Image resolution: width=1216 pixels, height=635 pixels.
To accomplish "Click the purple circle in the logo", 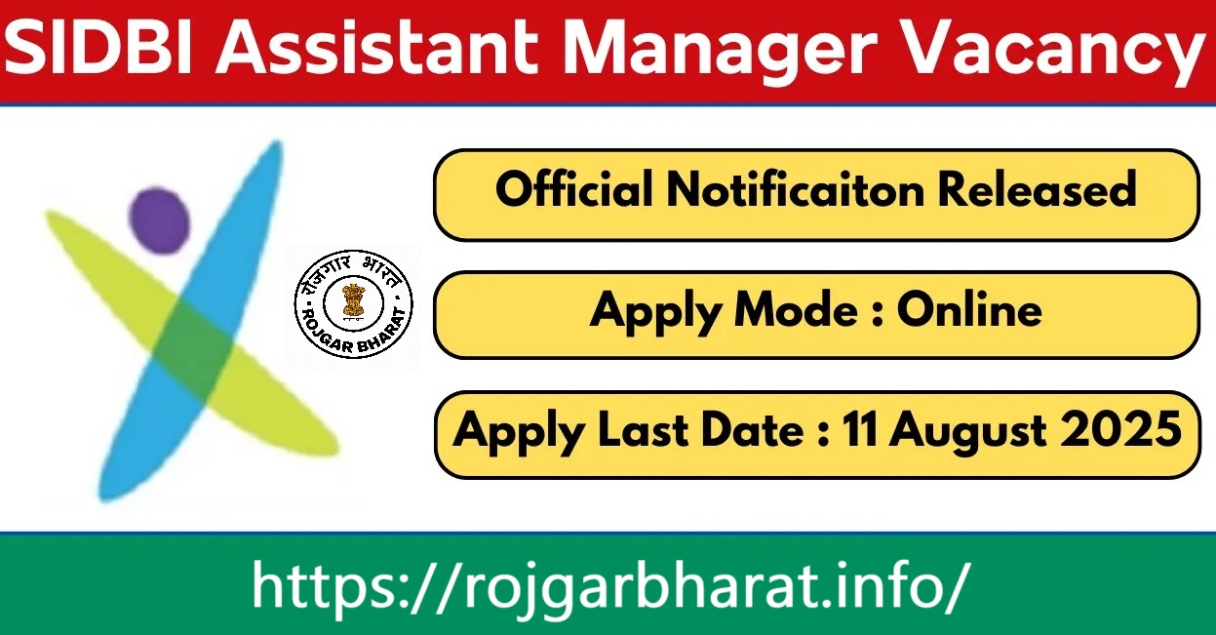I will click(x=160, y=220).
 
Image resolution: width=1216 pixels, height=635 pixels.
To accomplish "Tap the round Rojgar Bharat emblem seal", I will click(x=354, y=303).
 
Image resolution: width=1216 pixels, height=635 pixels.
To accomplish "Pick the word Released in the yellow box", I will click(x=1038, y=189).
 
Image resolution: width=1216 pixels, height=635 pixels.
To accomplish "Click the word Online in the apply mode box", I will click(x=969, y=310).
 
